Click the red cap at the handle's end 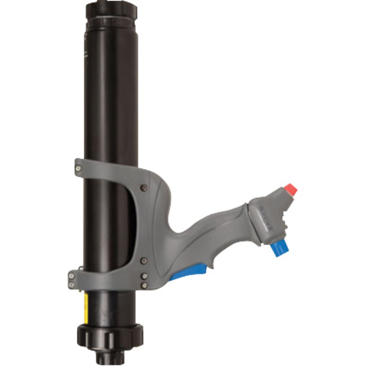click(291, 190)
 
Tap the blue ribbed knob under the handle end click(280, 249)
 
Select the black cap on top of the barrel click(111, 11)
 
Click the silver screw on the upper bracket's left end click(78, 168)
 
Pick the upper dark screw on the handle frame click(144, 188)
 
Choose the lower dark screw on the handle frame click(144, 261)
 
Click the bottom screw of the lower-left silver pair click(72, 285)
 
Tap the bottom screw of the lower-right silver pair click(145, 285)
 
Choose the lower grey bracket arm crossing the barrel click(106, 280)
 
